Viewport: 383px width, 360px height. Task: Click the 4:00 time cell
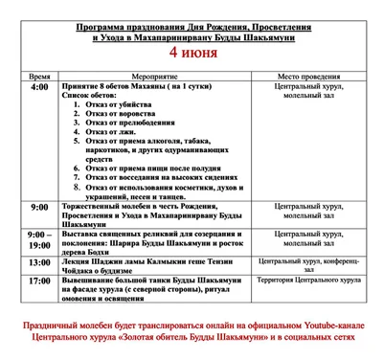tap(39, 87)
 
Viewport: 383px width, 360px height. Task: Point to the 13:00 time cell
tap(39, 261)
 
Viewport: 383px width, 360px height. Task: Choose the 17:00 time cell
tap(39, 281)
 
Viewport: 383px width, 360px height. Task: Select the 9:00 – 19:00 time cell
tap(39, 239)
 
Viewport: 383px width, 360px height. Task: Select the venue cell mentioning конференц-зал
tap(308, 261)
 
